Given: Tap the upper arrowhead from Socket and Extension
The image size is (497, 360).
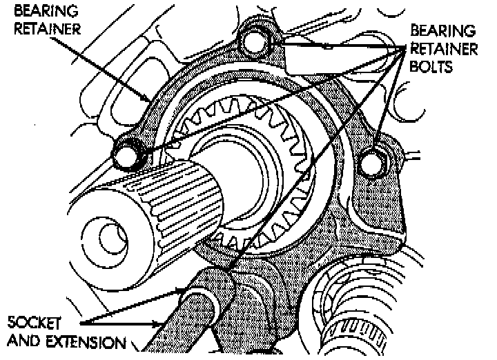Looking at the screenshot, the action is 183,290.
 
